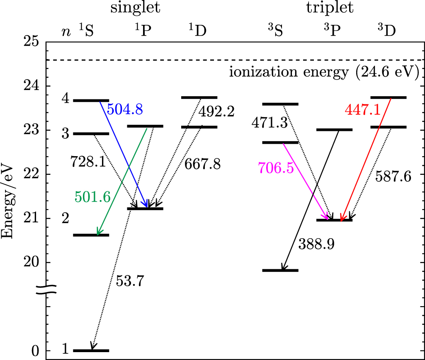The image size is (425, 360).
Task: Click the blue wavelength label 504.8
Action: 125,109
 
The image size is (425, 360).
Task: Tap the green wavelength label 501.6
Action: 92,197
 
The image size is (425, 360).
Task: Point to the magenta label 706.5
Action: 276,168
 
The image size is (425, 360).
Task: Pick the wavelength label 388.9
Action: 316,244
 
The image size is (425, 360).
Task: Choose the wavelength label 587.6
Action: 393,177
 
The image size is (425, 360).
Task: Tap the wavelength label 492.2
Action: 216,111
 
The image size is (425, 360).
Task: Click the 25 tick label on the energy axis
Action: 29,42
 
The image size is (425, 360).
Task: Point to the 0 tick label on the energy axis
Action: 35,351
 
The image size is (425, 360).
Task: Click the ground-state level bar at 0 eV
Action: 91,350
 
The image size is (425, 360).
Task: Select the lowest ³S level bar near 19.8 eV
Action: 281,270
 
